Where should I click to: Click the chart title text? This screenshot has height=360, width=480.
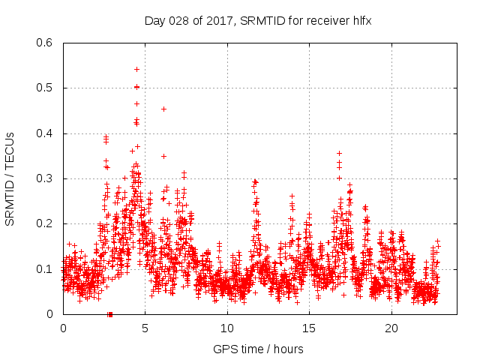coord(258,22)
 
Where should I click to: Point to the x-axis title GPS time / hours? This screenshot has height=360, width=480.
coord(258,349)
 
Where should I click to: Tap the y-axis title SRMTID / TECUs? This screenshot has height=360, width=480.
coord(10,178)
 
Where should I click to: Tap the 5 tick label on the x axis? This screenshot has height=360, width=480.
coord(145,328)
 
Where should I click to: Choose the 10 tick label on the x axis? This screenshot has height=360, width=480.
coord(226,328)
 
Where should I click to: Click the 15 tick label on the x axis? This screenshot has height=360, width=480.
coord(309,328)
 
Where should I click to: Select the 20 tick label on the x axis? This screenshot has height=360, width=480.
coord(391,328)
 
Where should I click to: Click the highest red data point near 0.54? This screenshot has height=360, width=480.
coord(136,69)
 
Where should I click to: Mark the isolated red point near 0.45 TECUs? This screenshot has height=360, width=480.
coord(163,109)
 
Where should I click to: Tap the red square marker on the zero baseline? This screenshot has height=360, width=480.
coord(110,314)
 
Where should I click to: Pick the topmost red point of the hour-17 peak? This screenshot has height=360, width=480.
coord(339,153)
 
